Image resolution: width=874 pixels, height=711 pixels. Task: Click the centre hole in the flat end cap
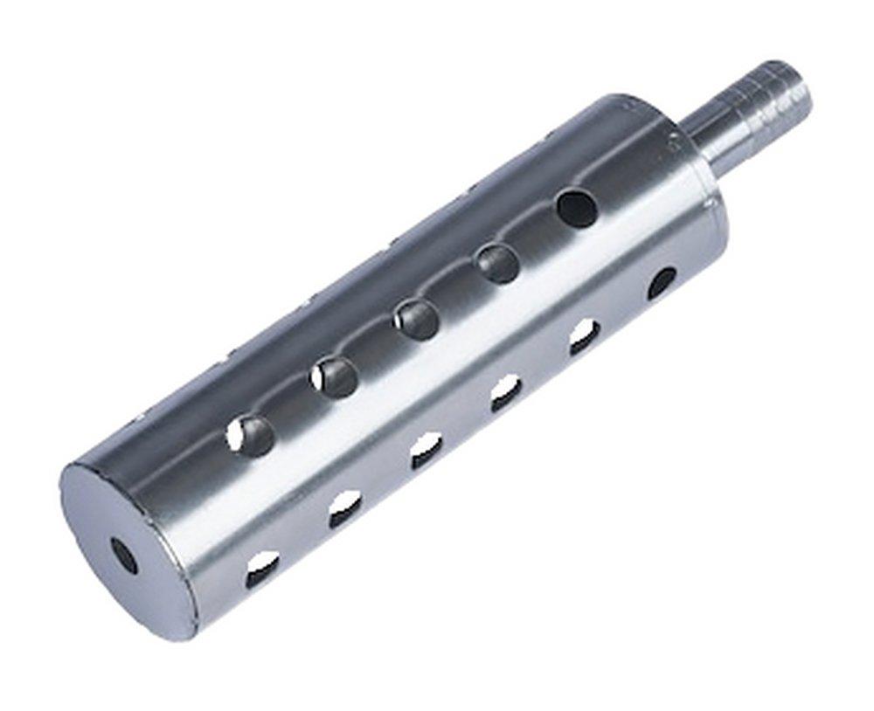[x=123, y=556]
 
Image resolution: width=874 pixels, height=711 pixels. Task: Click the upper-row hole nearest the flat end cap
[x=250, y=434]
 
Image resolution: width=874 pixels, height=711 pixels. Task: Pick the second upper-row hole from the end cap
[x=334, y=376]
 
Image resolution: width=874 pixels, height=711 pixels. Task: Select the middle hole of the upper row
[x=416, y=319]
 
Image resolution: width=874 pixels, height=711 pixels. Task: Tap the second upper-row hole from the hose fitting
[x=497, y=263]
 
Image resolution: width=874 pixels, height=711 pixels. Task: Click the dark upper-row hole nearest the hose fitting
[x=577, y=208]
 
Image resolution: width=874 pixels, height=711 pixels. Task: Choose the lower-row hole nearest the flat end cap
[x=262, y=569]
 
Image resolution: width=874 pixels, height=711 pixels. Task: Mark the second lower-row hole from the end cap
[x=345, y=509]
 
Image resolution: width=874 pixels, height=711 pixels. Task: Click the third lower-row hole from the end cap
[x=427, y=451]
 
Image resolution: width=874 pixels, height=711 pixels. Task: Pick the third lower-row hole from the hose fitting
[x=505, y=393]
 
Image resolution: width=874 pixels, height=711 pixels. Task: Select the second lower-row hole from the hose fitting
[x=584, y=336]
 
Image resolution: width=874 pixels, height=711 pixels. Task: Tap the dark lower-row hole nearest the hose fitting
[x=661, y=282]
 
